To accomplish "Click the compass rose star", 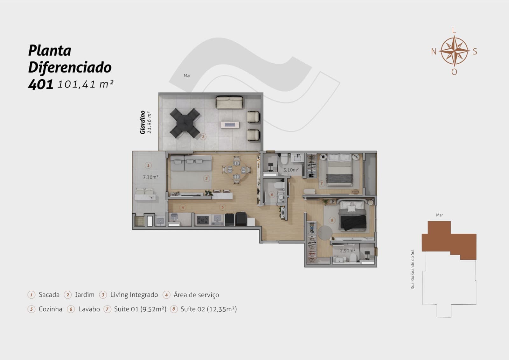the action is click(454, 51).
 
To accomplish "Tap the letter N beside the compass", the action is click(434, 52).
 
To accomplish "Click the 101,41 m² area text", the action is click(86, 84).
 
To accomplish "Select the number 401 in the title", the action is click(41, 84).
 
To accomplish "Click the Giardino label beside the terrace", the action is click(143, 122).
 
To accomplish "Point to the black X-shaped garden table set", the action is click(185, 123).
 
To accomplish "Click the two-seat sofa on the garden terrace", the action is click(229, 102).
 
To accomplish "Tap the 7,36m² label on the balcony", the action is click(150, 177).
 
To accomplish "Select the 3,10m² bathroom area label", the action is click(291, 170).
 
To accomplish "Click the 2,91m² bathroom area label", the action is click(347, 251).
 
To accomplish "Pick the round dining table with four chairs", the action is click(237, 170).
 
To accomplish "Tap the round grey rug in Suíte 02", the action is click(325, 232).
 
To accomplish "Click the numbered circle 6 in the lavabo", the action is click(272, 194).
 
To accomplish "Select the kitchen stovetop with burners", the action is click(203, 220).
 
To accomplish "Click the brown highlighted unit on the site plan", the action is click(449, 240).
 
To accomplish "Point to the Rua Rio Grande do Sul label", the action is click(412, 269).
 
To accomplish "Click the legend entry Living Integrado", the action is click(134, 295).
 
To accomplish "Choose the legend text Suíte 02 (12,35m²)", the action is click(209, 309).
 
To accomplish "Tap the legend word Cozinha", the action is click(51, 309).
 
